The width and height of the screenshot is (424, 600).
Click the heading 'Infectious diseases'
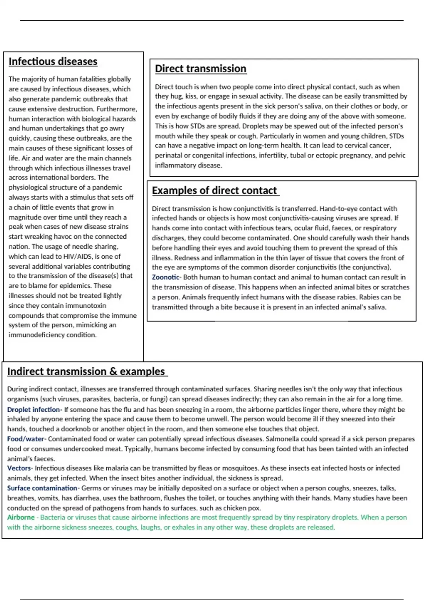click(53, 62)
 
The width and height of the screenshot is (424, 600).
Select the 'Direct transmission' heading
click(200, 69)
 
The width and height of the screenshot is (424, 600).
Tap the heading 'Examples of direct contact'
click(214, 191)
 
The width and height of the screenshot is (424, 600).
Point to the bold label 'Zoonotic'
click(165, 277)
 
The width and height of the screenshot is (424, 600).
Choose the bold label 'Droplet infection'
click(34, 410)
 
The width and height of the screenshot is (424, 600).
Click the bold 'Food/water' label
click(26, 439)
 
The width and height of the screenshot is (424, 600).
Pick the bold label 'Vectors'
click(19, 468)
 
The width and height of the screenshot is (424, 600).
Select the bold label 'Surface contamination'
click(42, 488)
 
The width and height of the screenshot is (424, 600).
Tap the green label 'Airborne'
click(21, 517)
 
